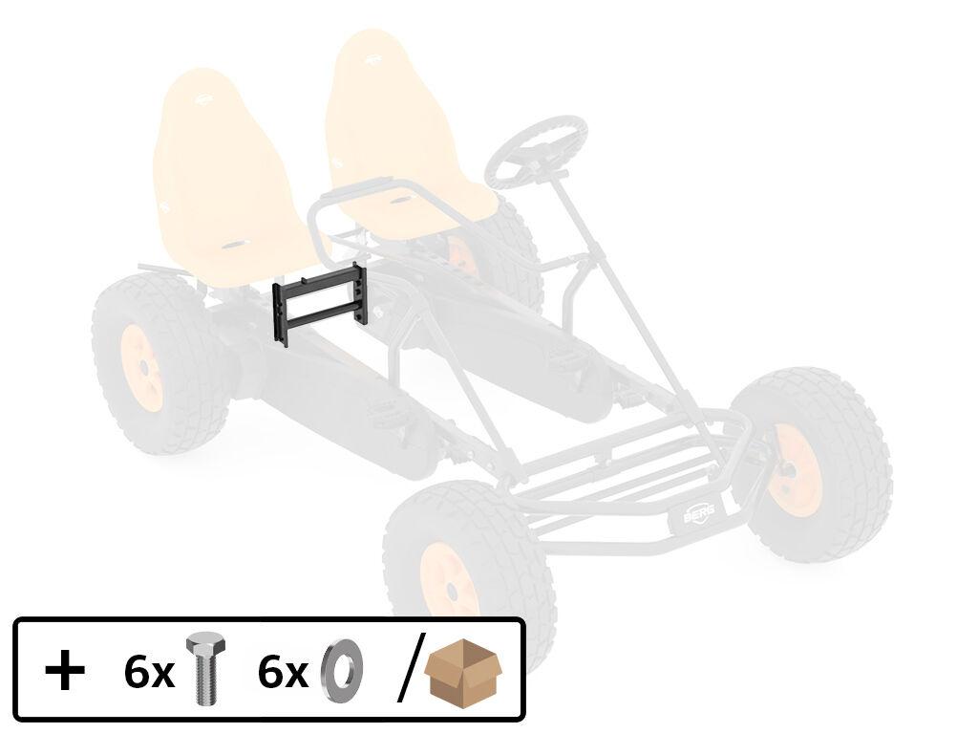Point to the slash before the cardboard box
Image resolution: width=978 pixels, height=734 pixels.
(x=411, y=668)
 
